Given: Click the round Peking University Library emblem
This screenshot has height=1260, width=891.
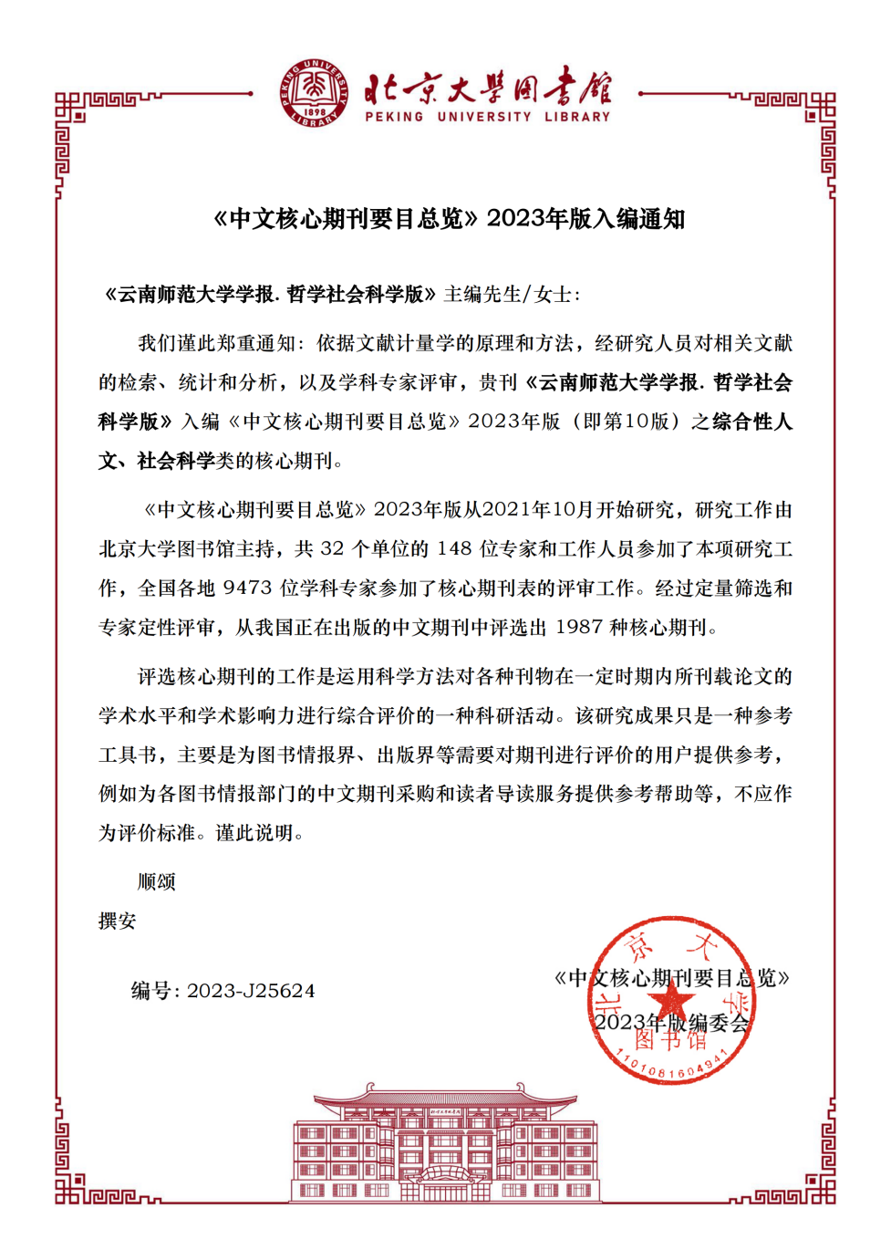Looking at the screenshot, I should (314, 93).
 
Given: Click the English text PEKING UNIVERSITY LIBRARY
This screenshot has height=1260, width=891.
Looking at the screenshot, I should (487, 117).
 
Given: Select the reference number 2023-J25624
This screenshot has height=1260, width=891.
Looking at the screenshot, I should (251, 991).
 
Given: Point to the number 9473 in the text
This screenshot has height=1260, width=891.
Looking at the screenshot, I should (247, 588).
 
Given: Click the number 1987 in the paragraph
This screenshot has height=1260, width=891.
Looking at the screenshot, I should (579, 628).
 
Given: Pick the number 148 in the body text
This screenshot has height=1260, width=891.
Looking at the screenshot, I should (454, 549).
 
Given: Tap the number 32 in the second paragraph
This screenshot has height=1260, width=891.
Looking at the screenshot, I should (332, 549).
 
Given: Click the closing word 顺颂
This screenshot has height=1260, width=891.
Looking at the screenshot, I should (156, 882).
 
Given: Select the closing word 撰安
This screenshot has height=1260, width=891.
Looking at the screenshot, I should (118, 922).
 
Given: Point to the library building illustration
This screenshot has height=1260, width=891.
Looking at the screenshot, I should (445, 1144).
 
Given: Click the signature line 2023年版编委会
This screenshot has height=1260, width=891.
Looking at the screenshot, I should (671, 1023).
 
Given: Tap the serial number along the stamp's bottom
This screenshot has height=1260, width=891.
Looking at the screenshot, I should (671, 1067).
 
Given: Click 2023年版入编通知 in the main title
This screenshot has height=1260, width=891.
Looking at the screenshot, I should (585, 219).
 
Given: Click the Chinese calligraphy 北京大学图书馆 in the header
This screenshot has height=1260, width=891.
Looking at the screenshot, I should (487, 89).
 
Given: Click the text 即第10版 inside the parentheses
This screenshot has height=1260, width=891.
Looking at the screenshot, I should (626, 422).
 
